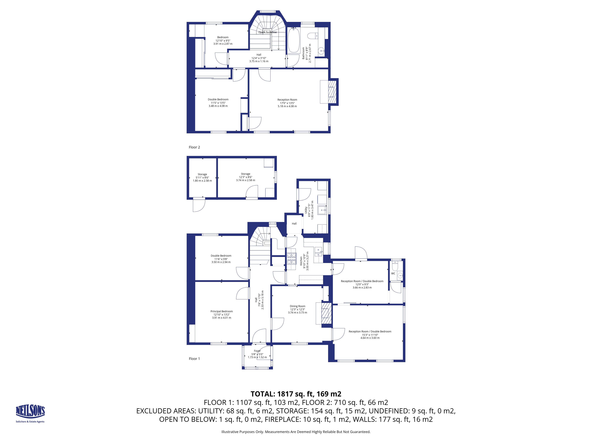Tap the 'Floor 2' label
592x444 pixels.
pyautogui.click(x=194, y=147)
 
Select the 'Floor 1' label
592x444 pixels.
pyautogui.click(x=194, y=359)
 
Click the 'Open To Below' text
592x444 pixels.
pyautogui.click(x=267, y=32)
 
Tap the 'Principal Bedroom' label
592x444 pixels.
pyautogui.click(x=222, y=311)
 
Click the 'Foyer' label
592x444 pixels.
pyautogui.click(x=257, y=351)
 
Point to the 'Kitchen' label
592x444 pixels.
pyautogui.click(x=301, y=261)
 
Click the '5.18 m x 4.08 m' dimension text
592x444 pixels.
pyautogui.click(x=287, y=106)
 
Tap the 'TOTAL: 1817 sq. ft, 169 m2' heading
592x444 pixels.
pyautogui.click(x=296, y=394)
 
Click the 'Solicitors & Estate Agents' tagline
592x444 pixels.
pyautogui.click(x=30, y=422)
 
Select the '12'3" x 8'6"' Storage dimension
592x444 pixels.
pyautogui.click(x=246, y=177)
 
